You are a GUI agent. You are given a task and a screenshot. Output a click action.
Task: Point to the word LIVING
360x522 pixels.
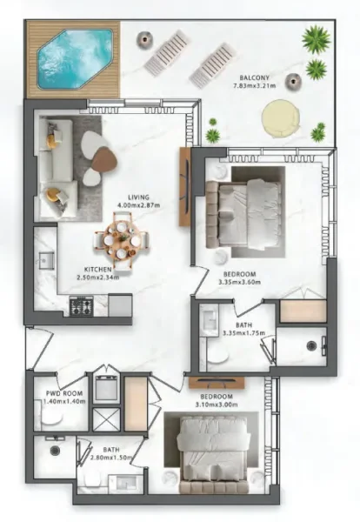[137, 196]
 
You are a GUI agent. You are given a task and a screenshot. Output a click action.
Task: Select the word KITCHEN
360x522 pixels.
[99, 269]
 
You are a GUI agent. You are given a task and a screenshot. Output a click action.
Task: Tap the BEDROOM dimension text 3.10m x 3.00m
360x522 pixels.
[210, 392]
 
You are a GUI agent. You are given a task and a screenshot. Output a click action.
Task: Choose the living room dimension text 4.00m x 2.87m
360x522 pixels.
[137, 205]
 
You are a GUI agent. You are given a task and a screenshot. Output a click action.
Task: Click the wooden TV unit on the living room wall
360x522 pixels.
[184, 187]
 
